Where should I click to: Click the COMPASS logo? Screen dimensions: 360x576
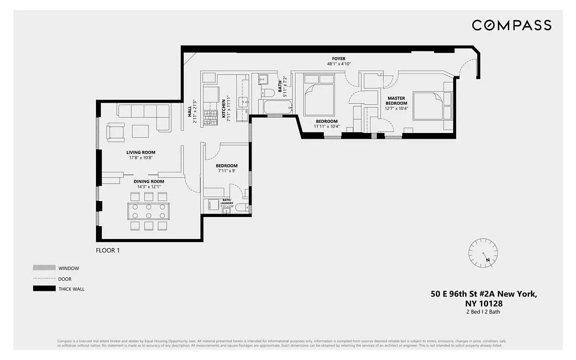coord(511,25)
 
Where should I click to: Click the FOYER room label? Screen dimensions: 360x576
coord(338,59)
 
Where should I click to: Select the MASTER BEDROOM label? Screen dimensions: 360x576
coord(397,101)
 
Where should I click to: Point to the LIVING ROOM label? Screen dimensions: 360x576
coord(142,153)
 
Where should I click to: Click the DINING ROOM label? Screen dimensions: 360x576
coord(148,181)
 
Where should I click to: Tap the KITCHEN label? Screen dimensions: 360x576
coord(223,108)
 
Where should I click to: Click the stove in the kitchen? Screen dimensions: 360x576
coord(210,118)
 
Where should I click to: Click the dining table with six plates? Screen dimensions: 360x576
coord(149,211)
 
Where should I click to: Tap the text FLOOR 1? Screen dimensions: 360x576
coord(108,250)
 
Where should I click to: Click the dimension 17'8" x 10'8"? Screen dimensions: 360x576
coord(142,158)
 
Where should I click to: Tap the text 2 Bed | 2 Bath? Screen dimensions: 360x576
coord(483,312)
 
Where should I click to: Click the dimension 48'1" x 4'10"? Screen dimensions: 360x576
coord(338,64)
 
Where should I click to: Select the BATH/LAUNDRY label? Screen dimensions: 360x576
coord(227,202)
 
